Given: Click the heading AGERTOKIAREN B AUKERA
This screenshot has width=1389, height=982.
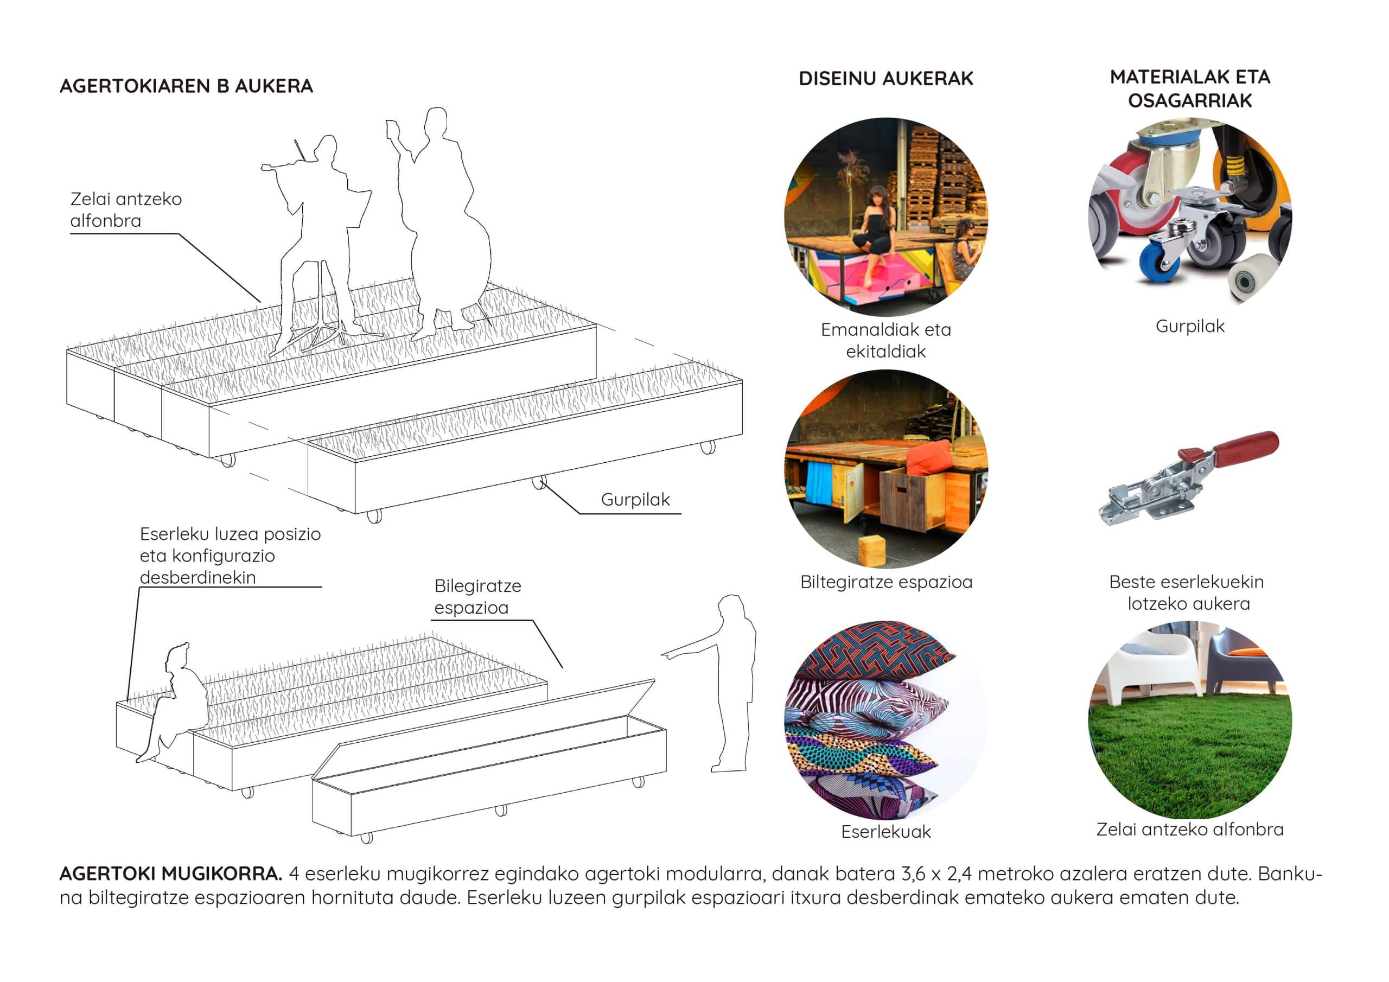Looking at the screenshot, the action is pos(186,86).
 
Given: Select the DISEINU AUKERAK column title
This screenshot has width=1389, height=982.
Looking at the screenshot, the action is pos(885,79).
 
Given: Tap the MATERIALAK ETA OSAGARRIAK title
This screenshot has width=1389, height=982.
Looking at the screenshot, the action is pos(1190,88).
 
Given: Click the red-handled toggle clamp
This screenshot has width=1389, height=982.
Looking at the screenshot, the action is pos(1189,478).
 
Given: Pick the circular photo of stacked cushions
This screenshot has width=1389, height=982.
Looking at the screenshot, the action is pos(885,720).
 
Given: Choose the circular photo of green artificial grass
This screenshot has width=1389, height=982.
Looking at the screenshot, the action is pos(1190,720).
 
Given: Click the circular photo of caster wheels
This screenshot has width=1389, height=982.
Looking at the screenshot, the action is pos(1190,212).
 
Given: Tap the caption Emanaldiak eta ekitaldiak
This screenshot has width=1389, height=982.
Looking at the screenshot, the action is pos(885,341).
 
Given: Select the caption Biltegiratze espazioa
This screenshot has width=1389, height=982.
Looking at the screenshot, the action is pos(885,582).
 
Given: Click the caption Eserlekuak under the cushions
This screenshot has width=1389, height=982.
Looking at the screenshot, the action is pos(885,832).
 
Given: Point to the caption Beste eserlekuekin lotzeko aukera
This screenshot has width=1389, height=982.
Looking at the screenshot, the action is pos(1187,593).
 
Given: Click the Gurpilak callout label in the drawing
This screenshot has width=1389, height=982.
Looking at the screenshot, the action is pos(635,500).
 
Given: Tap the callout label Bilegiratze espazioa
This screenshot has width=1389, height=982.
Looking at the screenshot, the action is pos(477,597).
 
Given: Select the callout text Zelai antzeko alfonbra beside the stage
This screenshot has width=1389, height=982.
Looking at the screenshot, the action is pos(126,209).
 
